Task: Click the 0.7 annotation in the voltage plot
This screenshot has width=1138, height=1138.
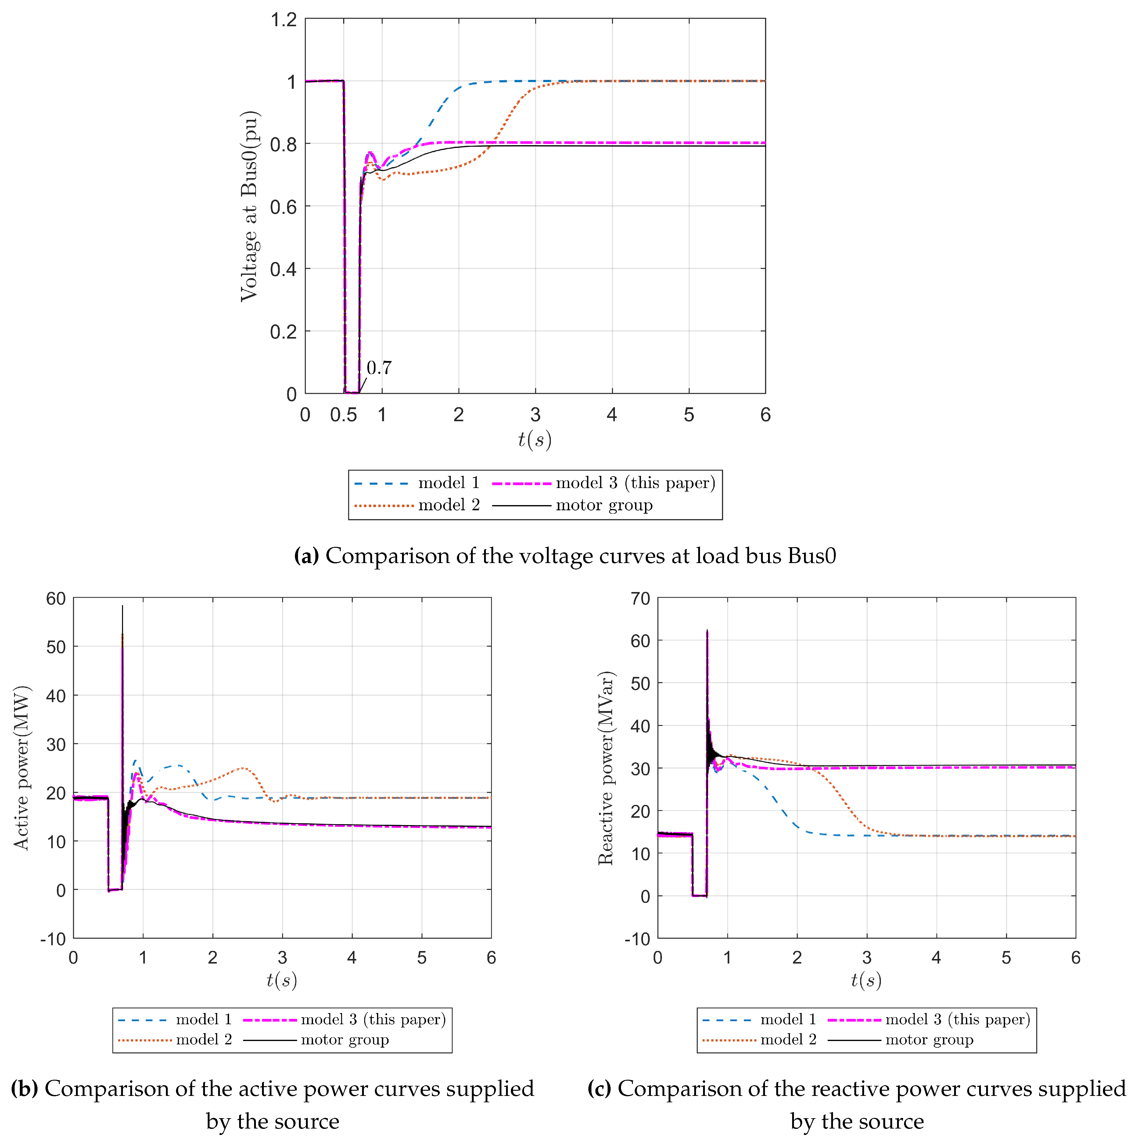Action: coord(379,368)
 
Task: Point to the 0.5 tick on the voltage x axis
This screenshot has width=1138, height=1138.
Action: coord(343,415)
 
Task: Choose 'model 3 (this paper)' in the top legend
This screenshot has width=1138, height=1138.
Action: coord(635,483)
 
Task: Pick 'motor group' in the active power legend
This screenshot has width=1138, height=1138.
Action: coord(345,1039)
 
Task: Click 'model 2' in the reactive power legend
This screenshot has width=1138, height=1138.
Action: coord(788,1039)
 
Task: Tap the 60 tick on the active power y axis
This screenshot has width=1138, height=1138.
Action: coord(56,599)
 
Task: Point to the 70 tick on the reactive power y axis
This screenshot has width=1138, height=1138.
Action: coord(640,599)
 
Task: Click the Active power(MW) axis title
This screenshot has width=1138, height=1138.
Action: coord(21,767)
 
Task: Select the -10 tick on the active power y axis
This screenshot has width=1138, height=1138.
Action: coord(53,939)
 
